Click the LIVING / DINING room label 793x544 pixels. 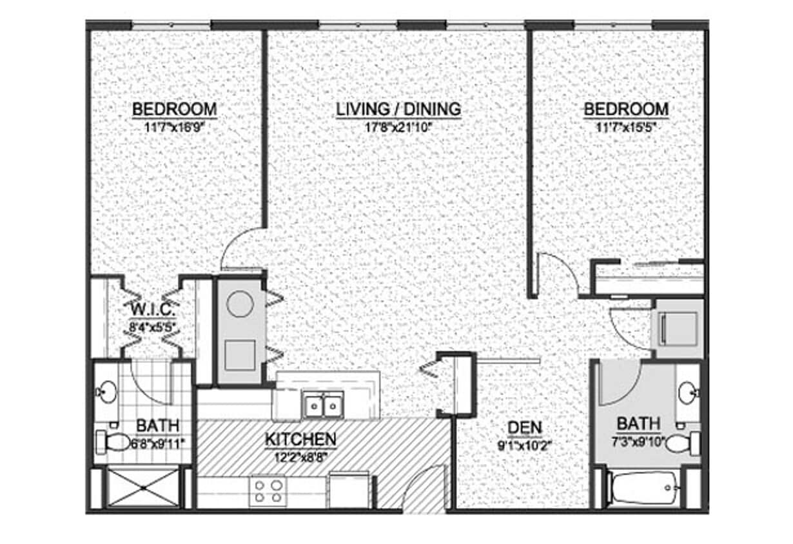[x=398, y=110]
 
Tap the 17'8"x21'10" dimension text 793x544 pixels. [x=398, y=127]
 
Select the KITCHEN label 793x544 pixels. [x=300, y=440]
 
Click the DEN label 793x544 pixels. [x=525, y=427]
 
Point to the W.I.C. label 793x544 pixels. [x=152, y=309]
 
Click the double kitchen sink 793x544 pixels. [x=323, y=405]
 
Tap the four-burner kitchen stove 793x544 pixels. [x=268, y=491]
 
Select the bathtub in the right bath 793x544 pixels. [x=641, y=489]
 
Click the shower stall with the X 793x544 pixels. [x=143, y=488]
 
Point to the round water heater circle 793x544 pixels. [x=240, y=304]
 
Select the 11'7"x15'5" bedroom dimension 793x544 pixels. [x=626, y=127]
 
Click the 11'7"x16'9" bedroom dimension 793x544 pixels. [x=174, y=127]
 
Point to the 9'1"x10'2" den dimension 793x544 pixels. [x=525, y=444]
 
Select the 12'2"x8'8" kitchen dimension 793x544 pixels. [x=300, y=456]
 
